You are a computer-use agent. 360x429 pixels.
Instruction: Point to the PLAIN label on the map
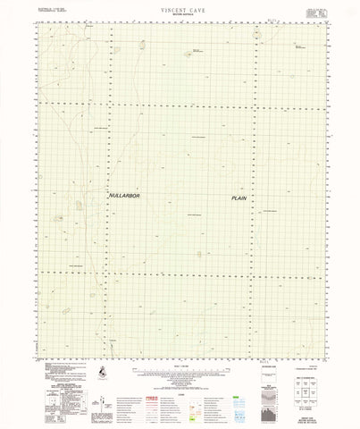click(239, 198)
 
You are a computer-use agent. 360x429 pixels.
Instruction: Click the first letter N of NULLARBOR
click(111, 194)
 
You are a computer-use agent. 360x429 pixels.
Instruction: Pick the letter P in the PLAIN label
click(232, 198)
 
